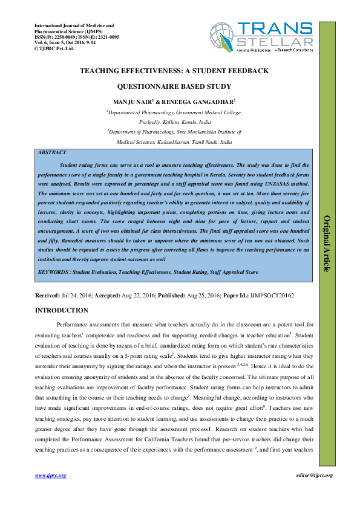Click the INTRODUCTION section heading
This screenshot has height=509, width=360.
point(62,311)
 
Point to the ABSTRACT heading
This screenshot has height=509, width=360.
point(52,153)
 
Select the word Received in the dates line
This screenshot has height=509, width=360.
point(47,297)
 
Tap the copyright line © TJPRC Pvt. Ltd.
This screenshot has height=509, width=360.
point(54,48)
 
